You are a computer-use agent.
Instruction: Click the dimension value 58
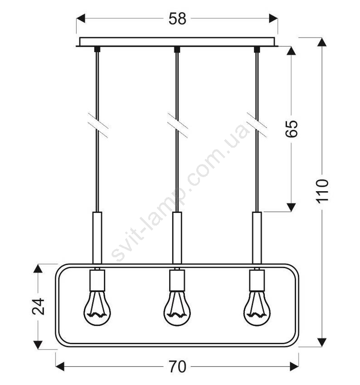pos(177,19)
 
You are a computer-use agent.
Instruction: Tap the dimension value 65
pos(292,129)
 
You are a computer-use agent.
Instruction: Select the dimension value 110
pos(322,191)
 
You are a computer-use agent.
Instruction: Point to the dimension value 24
pos(39,307)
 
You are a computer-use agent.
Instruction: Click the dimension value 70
pos(177,366)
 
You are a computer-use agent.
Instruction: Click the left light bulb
pos(97,308)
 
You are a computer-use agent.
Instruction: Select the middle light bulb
pos(177,308)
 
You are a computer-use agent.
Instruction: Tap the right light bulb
pos(257,308)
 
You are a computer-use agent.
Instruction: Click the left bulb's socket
pos(97,280)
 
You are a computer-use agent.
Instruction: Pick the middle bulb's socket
pos(177,280)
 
